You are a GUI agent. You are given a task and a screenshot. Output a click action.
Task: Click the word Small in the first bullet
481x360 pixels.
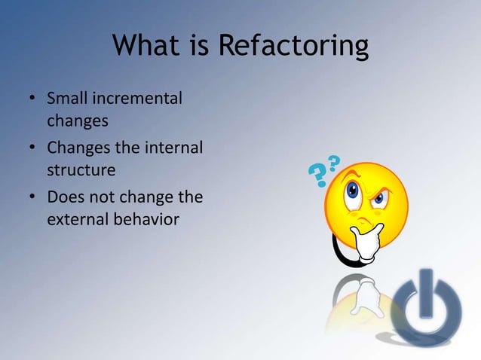pos(66,99)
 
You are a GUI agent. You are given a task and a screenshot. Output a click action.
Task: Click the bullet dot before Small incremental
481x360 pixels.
pos(32,99)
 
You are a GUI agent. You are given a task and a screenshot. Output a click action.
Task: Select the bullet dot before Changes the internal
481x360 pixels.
pos(32,148)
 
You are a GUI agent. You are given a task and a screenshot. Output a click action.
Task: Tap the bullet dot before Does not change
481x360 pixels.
pos(32,198)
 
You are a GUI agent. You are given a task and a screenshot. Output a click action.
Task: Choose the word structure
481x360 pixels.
pos(81,169)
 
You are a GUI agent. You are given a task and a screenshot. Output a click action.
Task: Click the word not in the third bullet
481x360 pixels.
pos(100,197)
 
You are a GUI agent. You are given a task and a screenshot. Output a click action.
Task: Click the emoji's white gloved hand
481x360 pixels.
pos(369,243)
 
